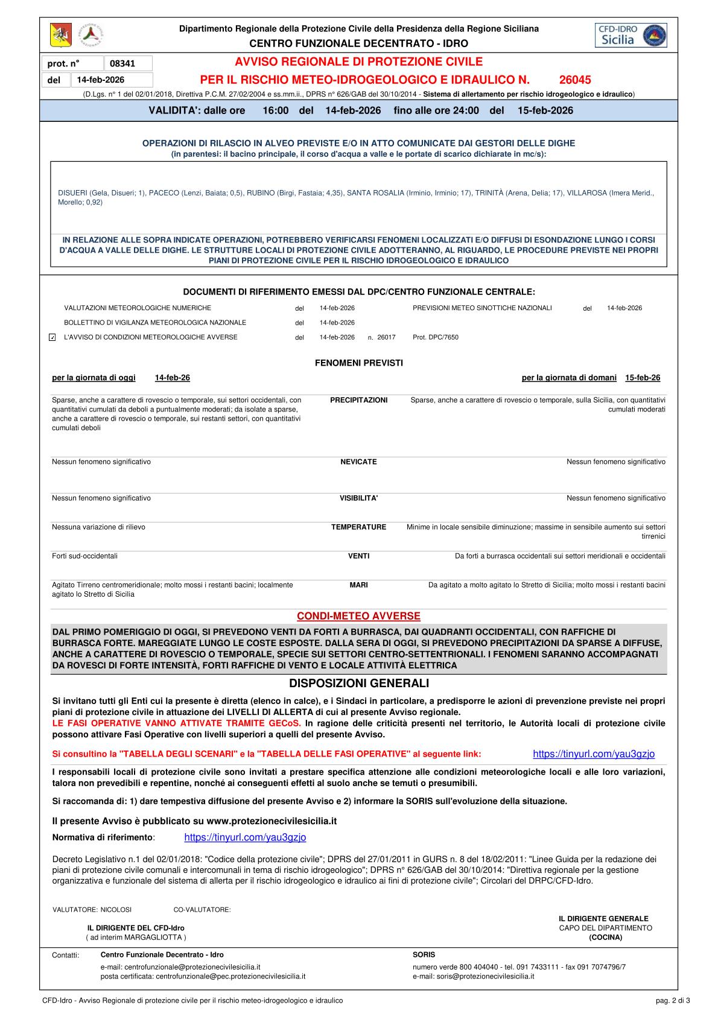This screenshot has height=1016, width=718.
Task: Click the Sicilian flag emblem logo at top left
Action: click(x=60, y=36)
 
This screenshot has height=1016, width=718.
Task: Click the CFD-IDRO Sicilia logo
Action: click(x=631, y=36)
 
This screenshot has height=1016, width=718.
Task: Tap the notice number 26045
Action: click(x=575, y=80)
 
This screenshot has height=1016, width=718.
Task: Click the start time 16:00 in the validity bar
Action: click(x=276, y=110)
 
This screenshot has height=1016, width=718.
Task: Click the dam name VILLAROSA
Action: click(x=586, y=193)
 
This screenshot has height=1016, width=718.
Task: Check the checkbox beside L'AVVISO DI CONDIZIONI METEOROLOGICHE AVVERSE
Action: click(x=52, y=337)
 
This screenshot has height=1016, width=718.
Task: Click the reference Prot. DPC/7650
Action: click(x=436, y=337)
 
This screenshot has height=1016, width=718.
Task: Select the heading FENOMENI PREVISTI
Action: click(x=358, y=363)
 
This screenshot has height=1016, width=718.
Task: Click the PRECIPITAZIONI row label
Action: click(x=358, y=400)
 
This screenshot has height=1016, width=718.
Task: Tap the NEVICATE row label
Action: click(x=358, y=462)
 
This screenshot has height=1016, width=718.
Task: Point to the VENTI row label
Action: click(x=358, y=556)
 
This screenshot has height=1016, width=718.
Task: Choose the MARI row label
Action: click(x=358, y=585)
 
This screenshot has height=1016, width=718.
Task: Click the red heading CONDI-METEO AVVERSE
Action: click(x=358, y=616)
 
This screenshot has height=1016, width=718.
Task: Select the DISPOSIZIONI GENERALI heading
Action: click(x=358, y=684)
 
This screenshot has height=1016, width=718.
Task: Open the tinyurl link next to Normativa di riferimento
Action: click(x=245, y=837)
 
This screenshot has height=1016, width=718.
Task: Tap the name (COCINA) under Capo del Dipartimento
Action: click(x=605, y=938)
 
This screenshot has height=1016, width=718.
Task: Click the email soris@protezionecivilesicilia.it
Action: click(x=473, y=976)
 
